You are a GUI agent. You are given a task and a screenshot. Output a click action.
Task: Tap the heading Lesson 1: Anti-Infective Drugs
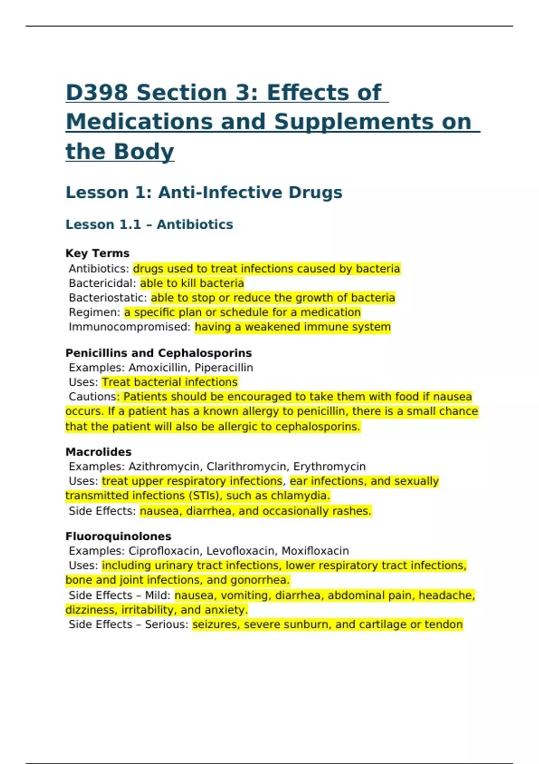(204, 192)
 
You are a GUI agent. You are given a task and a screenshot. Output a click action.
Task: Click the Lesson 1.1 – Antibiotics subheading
(149, 224)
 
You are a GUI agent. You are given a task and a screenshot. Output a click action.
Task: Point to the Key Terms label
(97, 253)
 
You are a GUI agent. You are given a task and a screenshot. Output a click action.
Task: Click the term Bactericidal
(102, 283)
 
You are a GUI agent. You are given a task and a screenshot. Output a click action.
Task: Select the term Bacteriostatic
(107, 298)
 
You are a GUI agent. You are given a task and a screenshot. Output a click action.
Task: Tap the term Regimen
(94, 312)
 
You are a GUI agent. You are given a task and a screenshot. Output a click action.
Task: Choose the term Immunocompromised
(129, 327)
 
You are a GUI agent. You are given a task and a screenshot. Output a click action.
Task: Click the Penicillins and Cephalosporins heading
(159, 353)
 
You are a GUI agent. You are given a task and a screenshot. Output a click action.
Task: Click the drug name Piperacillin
(224, 368)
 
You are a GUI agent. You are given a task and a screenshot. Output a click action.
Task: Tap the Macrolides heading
(98, 452)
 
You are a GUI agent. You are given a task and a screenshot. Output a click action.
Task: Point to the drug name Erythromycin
(329, 466)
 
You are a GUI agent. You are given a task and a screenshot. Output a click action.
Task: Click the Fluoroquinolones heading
(118, 536)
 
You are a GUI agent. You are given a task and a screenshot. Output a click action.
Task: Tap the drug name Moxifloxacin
(315, 551)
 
